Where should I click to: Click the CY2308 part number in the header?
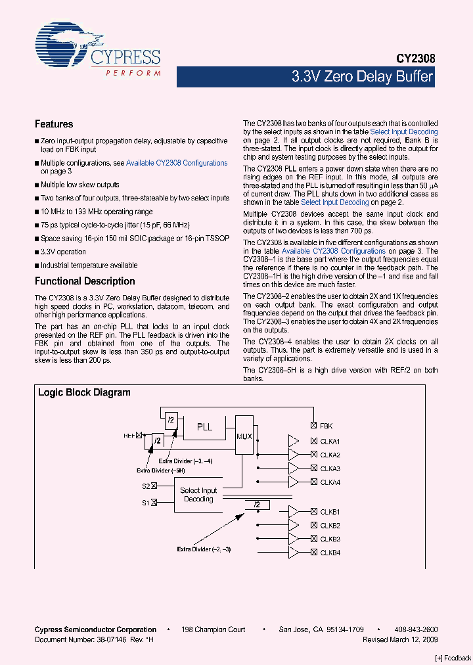(415, 58)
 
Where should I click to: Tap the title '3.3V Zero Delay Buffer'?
(362, 77)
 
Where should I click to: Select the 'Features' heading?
(54, 124)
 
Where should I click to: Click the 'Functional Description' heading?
(85, 281)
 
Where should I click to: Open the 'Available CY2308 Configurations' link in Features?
(177, 163)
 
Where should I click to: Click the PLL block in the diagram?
(205, 426)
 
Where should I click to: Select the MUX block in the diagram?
(244, 435)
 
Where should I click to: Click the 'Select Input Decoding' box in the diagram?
(198, 495)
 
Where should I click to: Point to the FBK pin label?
(326, 426)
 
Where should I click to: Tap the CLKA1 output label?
(330, 441)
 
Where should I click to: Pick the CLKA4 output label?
(330, 482)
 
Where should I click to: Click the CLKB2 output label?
(330, 525)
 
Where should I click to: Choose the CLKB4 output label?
(330, 553)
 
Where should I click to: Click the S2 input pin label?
(146, 486)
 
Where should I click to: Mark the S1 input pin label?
(146, 503)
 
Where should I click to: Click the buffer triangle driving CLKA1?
(294, 441)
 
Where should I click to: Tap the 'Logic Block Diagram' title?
(84, 392)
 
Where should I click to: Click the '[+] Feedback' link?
(453, 658)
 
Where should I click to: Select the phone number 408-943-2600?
(417, 630)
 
